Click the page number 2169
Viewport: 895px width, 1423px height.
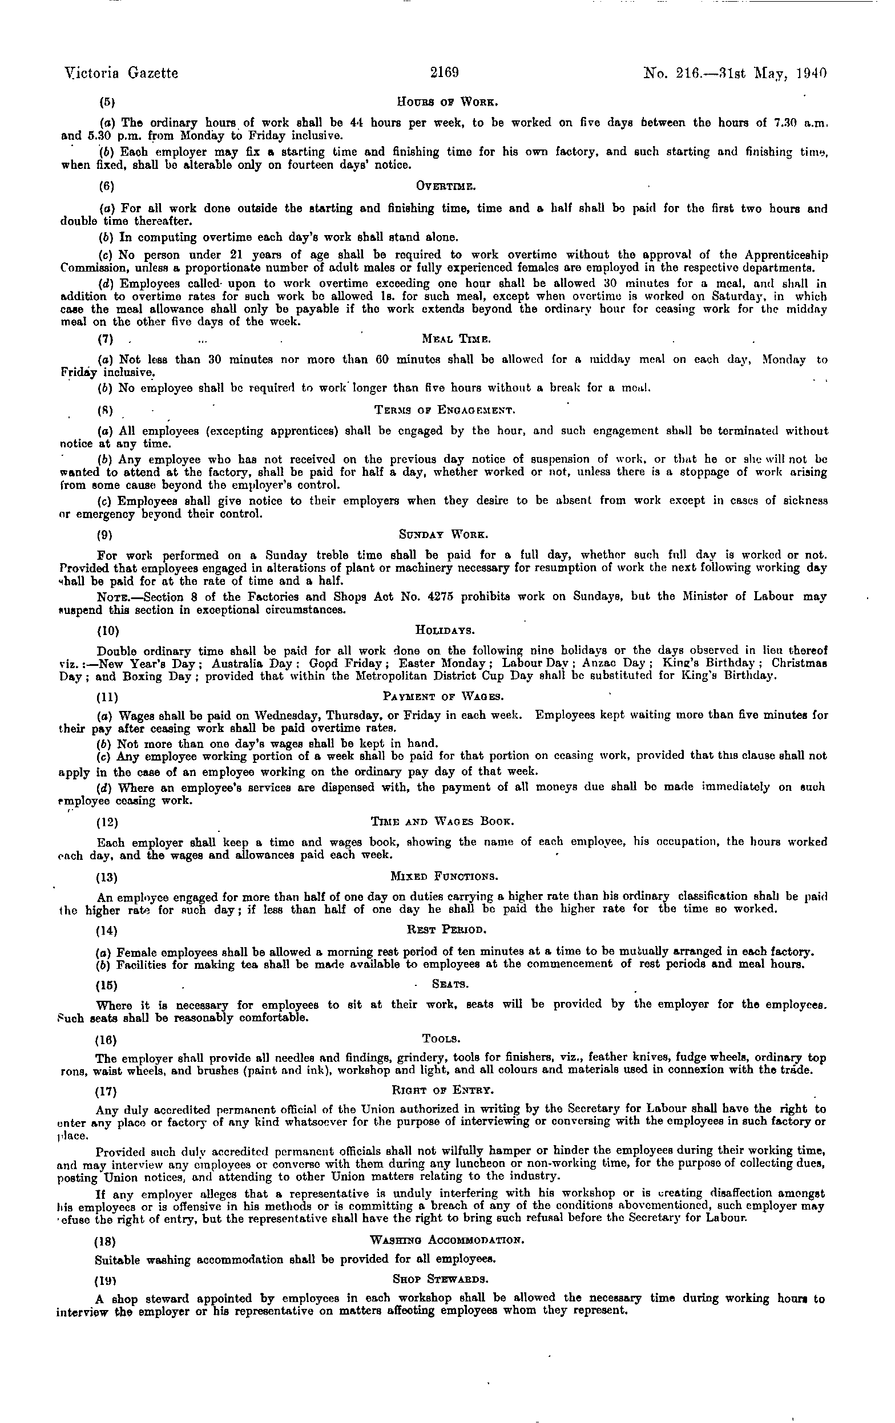click(445, 72)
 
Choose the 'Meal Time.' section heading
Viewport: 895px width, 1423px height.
click(457, 339)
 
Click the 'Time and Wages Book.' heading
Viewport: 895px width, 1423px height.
click(442, 822)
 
